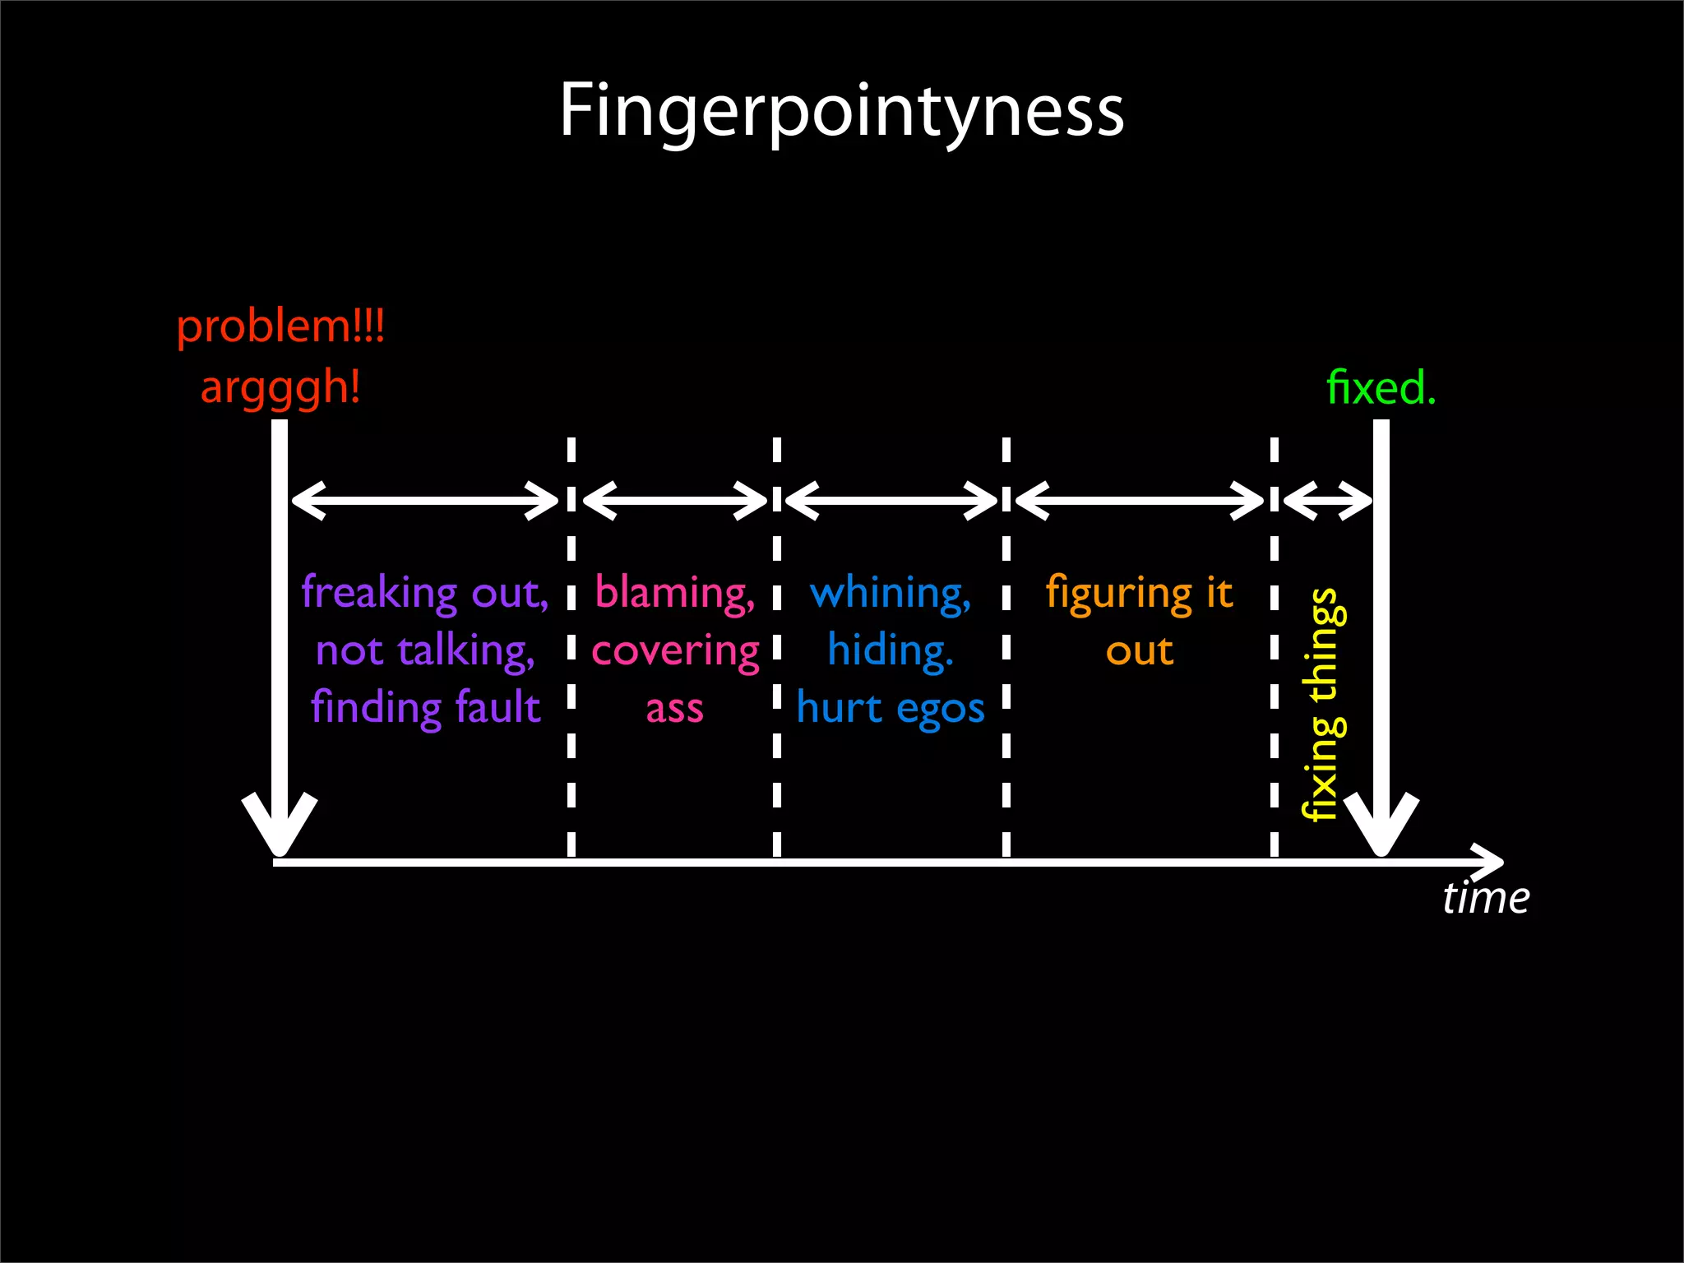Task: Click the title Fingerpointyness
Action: [841, 111]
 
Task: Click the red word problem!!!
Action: [280, 326]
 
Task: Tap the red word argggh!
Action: [280, 387]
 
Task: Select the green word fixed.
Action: [1381, 387]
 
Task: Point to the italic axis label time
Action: [1485, 897]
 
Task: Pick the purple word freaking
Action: [379, 592]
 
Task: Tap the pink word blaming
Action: [673, 593]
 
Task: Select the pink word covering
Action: [675, 651]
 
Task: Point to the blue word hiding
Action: [890, 650]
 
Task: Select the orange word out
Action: [1139, 651]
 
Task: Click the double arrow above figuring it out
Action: [1140, 500]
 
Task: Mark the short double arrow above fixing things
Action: [1327, 500]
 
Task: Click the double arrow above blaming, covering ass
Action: [674, 500]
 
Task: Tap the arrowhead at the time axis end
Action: [1490, 862]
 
